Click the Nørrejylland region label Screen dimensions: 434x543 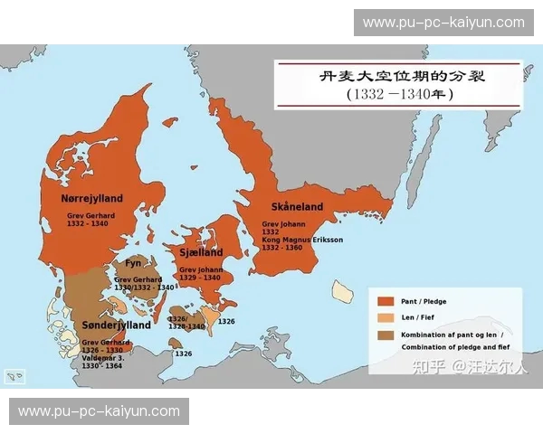pyautogui.click(x=92, y=198)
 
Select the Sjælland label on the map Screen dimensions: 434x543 pyautogui.click(x=201, y=253)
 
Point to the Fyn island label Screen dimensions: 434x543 pyautogui.click(x=133, y=263)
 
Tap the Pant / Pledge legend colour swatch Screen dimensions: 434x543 pyautogui.click(x=386, y=301)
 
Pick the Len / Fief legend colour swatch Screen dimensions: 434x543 pyautogui.click(x=386, y=317)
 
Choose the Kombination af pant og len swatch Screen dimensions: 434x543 pyautogui.click(x=386, y=335)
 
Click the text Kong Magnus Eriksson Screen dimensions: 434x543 pyautogui.click(x=303, y=240)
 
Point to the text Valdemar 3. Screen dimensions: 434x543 pyautogui.click(x=101, y=357)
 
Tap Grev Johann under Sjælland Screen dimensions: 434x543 pyautogui.click(x=200, y=269)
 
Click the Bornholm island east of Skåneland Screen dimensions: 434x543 pyautogui.click(x=342, y=290)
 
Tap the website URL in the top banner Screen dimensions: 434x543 pyautogui.click(x=443, y=23)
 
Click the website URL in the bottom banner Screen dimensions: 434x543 pyautogui.click(x=100, y=410)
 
